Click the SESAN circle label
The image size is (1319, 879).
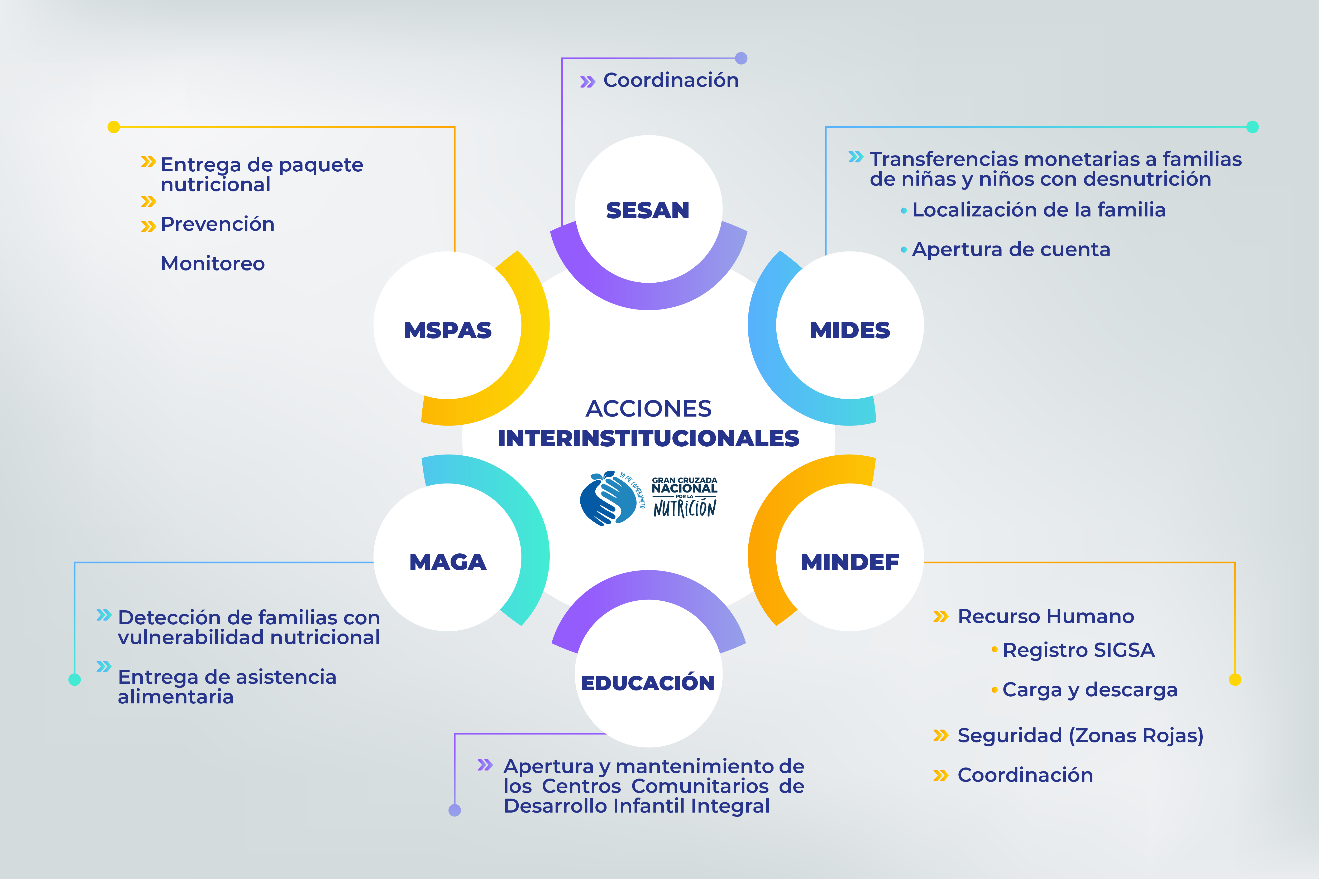point(648,211)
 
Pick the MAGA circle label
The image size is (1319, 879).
point(447,562)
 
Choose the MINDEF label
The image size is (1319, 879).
point(850,562)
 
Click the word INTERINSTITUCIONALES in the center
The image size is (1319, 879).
point(648,438)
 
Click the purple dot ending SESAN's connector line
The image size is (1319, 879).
point(741,58)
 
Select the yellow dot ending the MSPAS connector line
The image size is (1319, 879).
point(114,127)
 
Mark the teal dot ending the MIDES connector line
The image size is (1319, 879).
point(1252,127)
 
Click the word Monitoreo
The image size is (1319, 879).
point(213,263)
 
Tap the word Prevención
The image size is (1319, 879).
point(218,224)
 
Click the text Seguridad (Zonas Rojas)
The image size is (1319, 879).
point(1080,736)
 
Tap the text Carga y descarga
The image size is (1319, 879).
point(1090,690)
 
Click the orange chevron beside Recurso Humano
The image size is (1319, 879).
point(940,617)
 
